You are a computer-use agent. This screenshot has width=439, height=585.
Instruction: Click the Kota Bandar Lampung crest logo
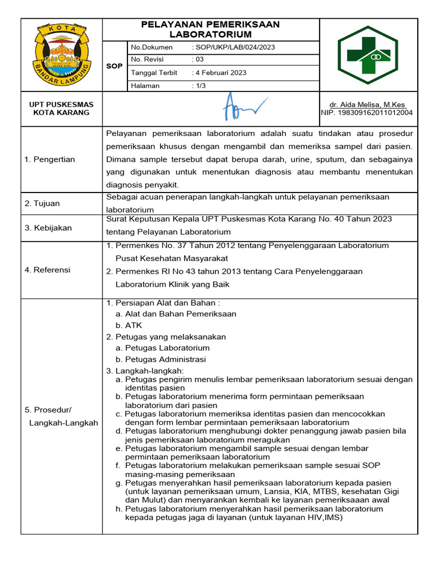click(62, 54)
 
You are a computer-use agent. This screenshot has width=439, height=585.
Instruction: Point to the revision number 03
click(198, 59)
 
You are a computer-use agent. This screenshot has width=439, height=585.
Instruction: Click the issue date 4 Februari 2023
click(220, 73)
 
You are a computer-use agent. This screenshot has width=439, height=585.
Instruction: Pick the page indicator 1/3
click(200, 86)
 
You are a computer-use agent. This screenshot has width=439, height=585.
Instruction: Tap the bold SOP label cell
click(114, 66)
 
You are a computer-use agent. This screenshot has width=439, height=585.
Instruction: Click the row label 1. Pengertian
click(50, 159)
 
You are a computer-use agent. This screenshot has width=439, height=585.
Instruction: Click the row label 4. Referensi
click(47, 270)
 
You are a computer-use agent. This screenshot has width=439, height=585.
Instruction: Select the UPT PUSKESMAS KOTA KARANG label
click(62, 109)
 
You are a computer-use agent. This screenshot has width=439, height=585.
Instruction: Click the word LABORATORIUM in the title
click(210, 35)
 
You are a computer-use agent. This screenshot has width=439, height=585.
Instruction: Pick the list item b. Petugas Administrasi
click(161, 359)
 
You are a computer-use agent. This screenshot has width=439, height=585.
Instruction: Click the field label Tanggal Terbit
click(154, 73)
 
